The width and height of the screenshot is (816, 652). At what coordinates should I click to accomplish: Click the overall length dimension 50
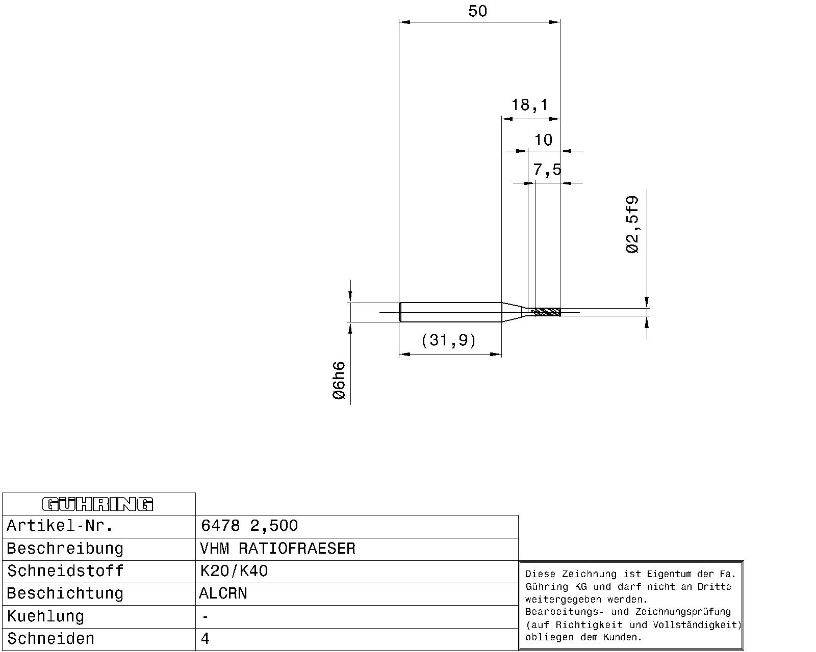pyautogui.click(x=477, y=11)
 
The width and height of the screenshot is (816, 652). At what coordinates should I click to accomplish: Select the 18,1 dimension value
pyautogui.click(x=530, y=105)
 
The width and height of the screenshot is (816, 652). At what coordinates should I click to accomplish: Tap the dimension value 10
pyautogui.click(x=543, y=140)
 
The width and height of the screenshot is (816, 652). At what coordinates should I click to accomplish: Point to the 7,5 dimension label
pyautogui.click(x=547, y=170)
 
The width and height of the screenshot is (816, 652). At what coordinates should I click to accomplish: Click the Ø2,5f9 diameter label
pyautogui.click(x=632, y=225)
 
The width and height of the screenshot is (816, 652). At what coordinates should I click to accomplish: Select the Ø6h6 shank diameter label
pyautogui.click(x=339, y=381)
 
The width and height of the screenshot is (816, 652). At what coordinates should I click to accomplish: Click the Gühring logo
pyautogui.click(x=97, y=504)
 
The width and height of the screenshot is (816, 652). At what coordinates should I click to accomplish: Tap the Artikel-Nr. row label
pyautogui.click(x=60, y=526)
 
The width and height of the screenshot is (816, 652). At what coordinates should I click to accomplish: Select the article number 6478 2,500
pyautogui.click(x=249, y=526)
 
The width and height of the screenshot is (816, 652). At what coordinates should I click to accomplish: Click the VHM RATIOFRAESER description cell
pyautogui.click(x=277, y=549)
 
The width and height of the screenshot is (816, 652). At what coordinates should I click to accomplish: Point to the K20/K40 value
pyautogui.click(x=234, y=571)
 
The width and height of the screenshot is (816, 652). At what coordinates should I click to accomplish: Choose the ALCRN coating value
pyautogui.click(x=223, y=593)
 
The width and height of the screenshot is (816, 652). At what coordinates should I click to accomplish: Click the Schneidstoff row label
pyautogui.click(x=65, y=571)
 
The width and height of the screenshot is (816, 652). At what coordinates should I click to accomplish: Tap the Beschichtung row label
pyautogui.click(x=65, y=593)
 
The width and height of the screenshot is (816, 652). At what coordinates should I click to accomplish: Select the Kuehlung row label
pyautogui.click(x=45, y=616)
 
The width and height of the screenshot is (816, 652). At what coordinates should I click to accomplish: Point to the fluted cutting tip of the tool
pyautogui.click(x=546, y=312)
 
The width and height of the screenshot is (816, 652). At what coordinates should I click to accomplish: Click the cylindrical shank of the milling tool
pyautogui.click(x=450, y=312)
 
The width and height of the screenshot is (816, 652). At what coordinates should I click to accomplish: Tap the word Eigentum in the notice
pyautogui.click(x=669, y=575)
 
